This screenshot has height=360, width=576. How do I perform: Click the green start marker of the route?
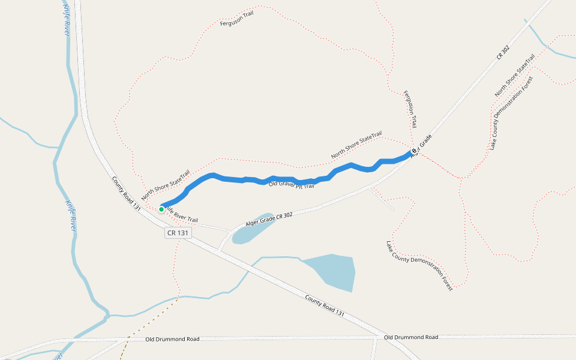pyautogui.click(x=161, y=209)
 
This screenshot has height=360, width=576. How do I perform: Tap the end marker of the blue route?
pyautogui.click(x=413, y=151)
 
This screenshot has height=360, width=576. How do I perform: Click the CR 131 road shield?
pyautogui.click(x=178, y=233)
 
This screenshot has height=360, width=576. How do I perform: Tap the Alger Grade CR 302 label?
pyautogui.click(x=269, y=218)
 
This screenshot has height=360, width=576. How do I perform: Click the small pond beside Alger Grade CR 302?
pyautogui.click(x=252, y=229)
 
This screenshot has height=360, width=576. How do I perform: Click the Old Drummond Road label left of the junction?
pyautogui.click(x=172, y=339)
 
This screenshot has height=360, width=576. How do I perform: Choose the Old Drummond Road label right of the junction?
pyautogui.click(x=411, y=337)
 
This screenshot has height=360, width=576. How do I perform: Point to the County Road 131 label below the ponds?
pyautogui.click(x=325, y=305)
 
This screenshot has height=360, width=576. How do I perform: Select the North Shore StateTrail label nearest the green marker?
pyautogui.click(x=166, y=184)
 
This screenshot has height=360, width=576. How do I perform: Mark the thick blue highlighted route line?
pyautogui.click(x=300, y=181)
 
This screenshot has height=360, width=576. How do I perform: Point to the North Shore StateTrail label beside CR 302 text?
pyautogui.click(x=514, y=76)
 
